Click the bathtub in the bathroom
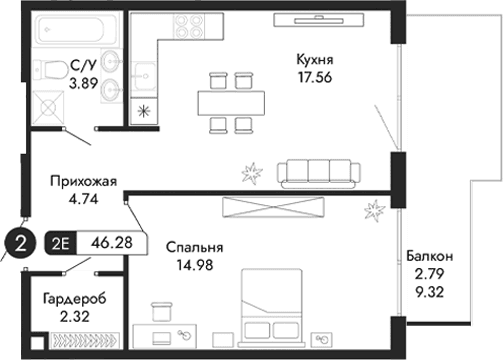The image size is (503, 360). click(x=71, y=28)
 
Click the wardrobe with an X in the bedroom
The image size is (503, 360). click(x=275, y=208)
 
